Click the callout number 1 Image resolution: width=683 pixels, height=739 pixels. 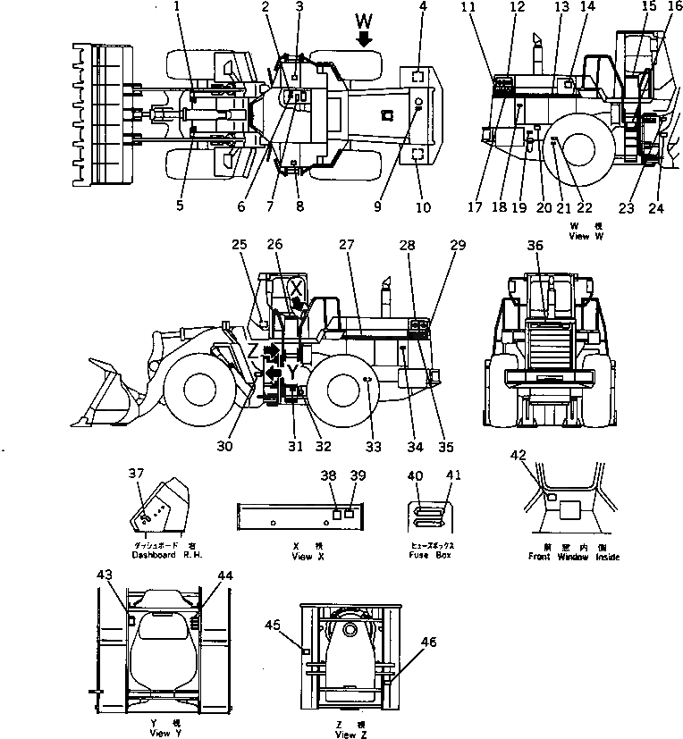click(176, 8)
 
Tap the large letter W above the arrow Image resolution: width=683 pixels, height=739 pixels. click(363, 20)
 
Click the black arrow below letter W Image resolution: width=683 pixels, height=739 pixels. click(364, 39)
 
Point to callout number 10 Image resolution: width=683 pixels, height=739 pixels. click(423, 207)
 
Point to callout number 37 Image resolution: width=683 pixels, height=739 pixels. click(135, 474)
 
